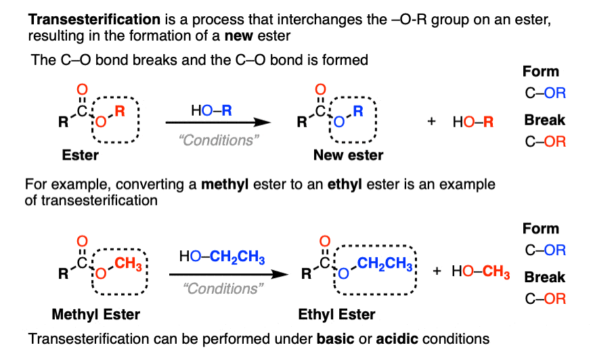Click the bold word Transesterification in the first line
(x=94, y=19)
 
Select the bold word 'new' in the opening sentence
(x=239, y=37)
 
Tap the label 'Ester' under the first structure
(x=80, y=155)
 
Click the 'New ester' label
(x=349, y=155)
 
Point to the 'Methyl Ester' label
(x=95, y=314)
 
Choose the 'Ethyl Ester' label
(x=336, y=314)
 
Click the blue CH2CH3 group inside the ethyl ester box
(x=385, y=264)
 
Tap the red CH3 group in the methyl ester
(x=128, y=264)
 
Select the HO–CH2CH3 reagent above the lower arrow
(x=222, y=256)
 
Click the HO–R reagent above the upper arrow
(x=211, y=110)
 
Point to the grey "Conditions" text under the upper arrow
(x=219, y=140)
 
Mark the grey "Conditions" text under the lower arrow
(x=223, y=288)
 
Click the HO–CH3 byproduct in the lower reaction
(x=481, y=271)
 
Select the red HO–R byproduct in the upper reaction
(x=473, y=122)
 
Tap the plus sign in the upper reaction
(x=431, y=121)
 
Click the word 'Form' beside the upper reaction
(x=541, y=72)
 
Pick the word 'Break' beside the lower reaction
(x=544, y=277)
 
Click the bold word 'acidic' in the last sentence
(x=397, y=339)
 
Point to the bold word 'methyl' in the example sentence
(x=225, y=185)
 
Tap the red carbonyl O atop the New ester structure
(x=320, y=89)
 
